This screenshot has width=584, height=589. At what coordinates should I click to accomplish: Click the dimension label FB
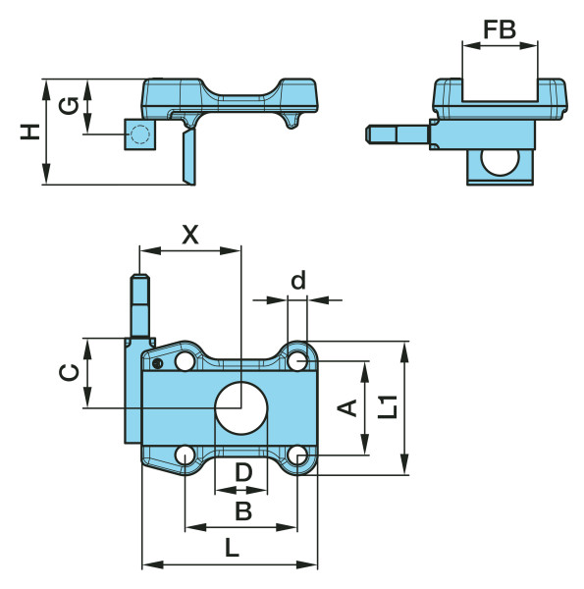tap(500, 29)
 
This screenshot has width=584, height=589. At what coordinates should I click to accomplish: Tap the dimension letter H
tap(30, 132)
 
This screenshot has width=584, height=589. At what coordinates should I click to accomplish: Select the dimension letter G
tap(69, 106)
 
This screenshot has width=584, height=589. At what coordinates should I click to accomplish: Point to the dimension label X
tap(190, 235)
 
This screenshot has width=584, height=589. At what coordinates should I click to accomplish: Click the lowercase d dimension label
tap(298, 280)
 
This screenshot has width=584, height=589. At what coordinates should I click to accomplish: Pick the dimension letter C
tap(70, 372)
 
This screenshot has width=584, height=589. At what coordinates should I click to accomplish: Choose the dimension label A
tap(347, 408)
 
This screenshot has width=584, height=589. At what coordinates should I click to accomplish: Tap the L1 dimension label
tap(388, 406)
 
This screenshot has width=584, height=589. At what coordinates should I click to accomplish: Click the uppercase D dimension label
tap(243, 472)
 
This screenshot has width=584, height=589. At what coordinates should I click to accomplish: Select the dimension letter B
tap(243, 510)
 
